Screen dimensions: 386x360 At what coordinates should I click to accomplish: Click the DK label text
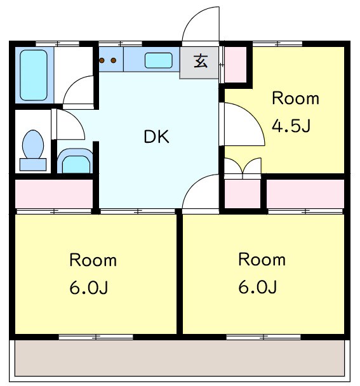(x=156, y=136)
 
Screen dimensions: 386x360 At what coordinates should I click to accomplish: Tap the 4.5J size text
(x=291, y=126)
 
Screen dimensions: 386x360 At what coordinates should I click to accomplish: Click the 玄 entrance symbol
(x=200, y=62)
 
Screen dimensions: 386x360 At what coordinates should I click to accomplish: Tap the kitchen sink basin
(x=159, y=61)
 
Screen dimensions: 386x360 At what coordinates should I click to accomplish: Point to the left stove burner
(x=102, y=61)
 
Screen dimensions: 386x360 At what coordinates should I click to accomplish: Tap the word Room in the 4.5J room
(x=295, y=99)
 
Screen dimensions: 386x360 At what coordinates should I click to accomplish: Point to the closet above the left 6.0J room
(x=53, y=194)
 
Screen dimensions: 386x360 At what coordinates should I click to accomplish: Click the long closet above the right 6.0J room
(x=304, y=194)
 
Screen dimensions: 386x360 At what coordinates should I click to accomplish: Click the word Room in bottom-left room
(x=93, y=260)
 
